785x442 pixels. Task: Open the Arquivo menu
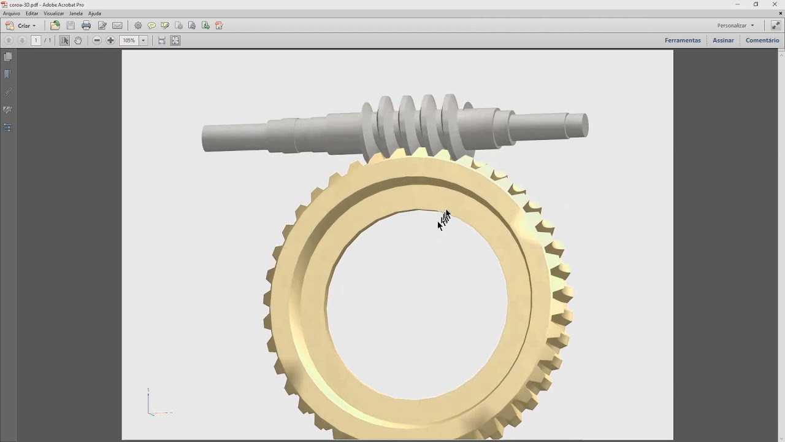coord(11,14)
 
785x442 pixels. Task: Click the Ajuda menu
coord(94,14)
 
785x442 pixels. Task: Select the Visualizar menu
coord(53,14)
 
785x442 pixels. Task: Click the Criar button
coord(21,26)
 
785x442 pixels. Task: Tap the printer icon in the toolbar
coord(86,26)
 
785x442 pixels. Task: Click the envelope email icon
coord(117,26)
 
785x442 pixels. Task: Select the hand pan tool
coord(78,41)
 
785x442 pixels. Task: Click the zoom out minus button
coord(97,41)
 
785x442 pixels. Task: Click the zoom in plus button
coord(110,41)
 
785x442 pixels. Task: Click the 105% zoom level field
coord(129,41)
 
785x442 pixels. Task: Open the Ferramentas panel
coord(683,41)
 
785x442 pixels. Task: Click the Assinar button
coord(723,41)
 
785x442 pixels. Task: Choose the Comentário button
coord(762,41)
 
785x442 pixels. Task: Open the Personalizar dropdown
coord(735,26)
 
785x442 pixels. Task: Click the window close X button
coord(775,4)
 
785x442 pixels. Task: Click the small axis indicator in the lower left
coord(153,405)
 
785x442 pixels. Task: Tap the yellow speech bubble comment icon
coord(151,26)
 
